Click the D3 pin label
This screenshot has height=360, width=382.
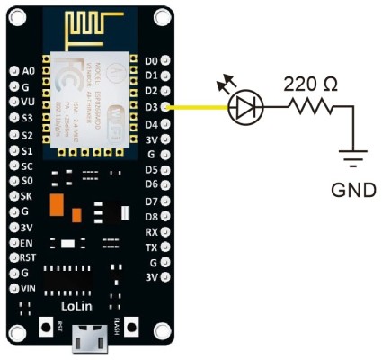[x=151, y=107]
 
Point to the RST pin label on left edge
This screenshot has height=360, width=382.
[x=29, y=257]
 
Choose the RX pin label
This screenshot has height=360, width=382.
[x=151, y=231]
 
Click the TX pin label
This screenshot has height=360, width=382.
[x=151, y=247]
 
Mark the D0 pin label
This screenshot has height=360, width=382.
[x=151, y=60]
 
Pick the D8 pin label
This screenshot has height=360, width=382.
[x=151, y=216]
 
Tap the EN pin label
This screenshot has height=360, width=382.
[x=27, y=242]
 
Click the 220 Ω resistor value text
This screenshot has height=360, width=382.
[x=311, y=85]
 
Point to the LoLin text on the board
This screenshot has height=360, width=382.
[x=87, y=305]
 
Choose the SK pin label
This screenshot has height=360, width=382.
[x=27, y=195]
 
